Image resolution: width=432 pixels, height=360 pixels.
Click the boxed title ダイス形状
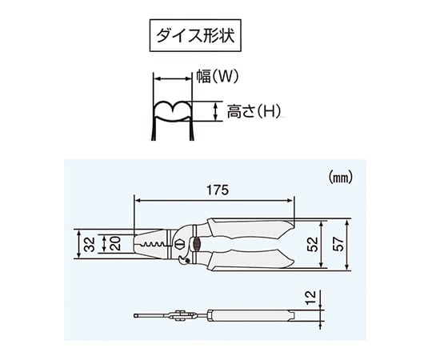[x=195, y=35]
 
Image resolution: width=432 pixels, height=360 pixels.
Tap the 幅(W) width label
[x=217, y=76]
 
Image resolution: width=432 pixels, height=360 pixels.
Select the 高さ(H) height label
[x=254, y=111]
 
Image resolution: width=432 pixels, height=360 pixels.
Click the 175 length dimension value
[x=218, y=190]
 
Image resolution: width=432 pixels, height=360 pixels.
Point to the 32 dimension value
[x=90, y=244]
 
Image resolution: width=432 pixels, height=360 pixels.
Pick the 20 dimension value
[x=115, y=243]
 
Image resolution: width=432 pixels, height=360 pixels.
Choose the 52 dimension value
[x=312, y=244]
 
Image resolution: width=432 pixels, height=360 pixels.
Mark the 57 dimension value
[x=338, y=244]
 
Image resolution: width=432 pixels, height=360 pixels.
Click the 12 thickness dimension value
[x=310, y=297]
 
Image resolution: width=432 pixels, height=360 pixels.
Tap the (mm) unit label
[x=341, y=178]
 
